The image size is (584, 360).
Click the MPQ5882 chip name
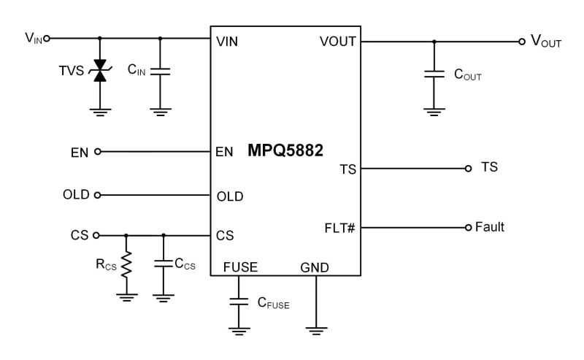pyautogui.click(x=285, y=152)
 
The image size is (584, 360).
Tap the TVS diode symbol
pyautogui.click(x=100, y=72)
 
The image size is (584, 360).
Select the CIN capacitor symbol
pyautogui.click(x=161, y=72)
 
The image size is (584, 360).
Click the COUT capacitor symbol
pyautogui.click(x=434, y=74)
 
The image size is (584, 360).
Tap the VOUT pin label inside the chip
pyautogui.click(x=337, y=41)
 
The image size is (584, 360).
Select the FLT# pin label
pyautogui.click(x=339, y=228)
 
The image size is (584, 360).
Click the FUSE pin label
pyautogui.click(x=240, y=268)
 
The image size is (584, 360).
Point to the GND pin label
pyautogui.click(x=315, y=268)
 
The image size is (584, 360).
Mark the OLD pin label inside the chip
pyautogui.click(x=230, y=196)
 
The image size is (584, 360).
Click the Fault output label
pyautogui.click(x=490, y=227)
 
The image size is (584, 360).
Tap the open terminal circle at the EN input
pyautogui.click(x=98, y=152)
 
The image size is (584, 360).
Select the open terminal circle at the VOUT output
pyautogui.click(x=521, y=42)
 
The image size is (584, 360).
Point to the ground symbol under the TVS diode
pyautogui.click(x=100, y=111)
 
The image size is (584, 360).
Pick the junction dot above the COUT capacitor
pyautogui.click(x=434, y=42)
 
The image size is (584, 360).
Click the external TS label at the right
pyautogui.click(x=490, y=168)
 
